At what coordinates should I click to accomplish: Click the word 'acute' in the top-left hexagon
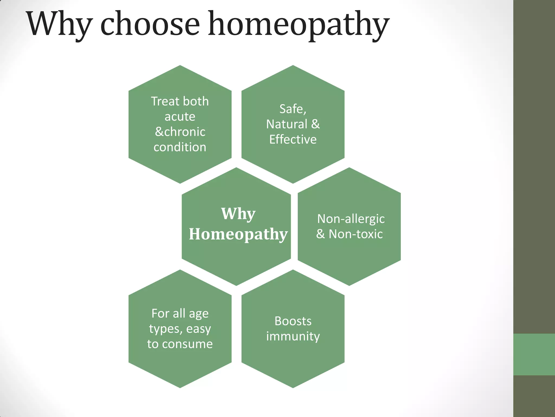(x=180, y=117)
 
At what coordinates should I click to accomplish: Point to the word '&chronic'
(x=180, y=132)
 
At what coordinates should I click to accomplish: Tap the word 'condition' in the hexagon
(x=180, y=147)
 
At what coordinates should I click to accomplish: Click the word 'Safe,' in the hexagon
(x=293, y=109)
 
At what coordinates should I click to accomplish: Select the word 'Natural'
(x=286, y=124)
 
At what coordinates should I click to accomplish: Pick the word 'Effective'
(x=293, y=140)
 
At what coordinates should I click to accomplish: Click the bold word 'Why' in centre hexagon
(x=238, y=214)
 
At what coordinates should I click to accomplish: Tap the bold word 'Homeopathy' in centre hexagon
(x=238, y=234)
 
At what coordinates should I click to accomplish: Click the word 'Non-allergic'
(x=351, y=219)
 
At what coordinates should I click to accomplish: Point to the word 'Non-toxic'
(x=356, y=234)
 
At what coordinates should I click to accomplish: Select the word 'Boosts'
(x=293, y=321)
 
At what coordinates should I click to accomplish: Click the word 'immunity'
(x=293, y=336)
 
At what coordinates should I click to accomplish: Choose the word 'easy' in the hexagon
(x=198, y=329)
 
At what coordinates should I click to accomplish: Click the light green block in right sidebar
(x=534, y=355)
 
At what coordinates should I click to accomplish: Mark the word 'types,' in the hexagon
(x=165, y=329)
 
